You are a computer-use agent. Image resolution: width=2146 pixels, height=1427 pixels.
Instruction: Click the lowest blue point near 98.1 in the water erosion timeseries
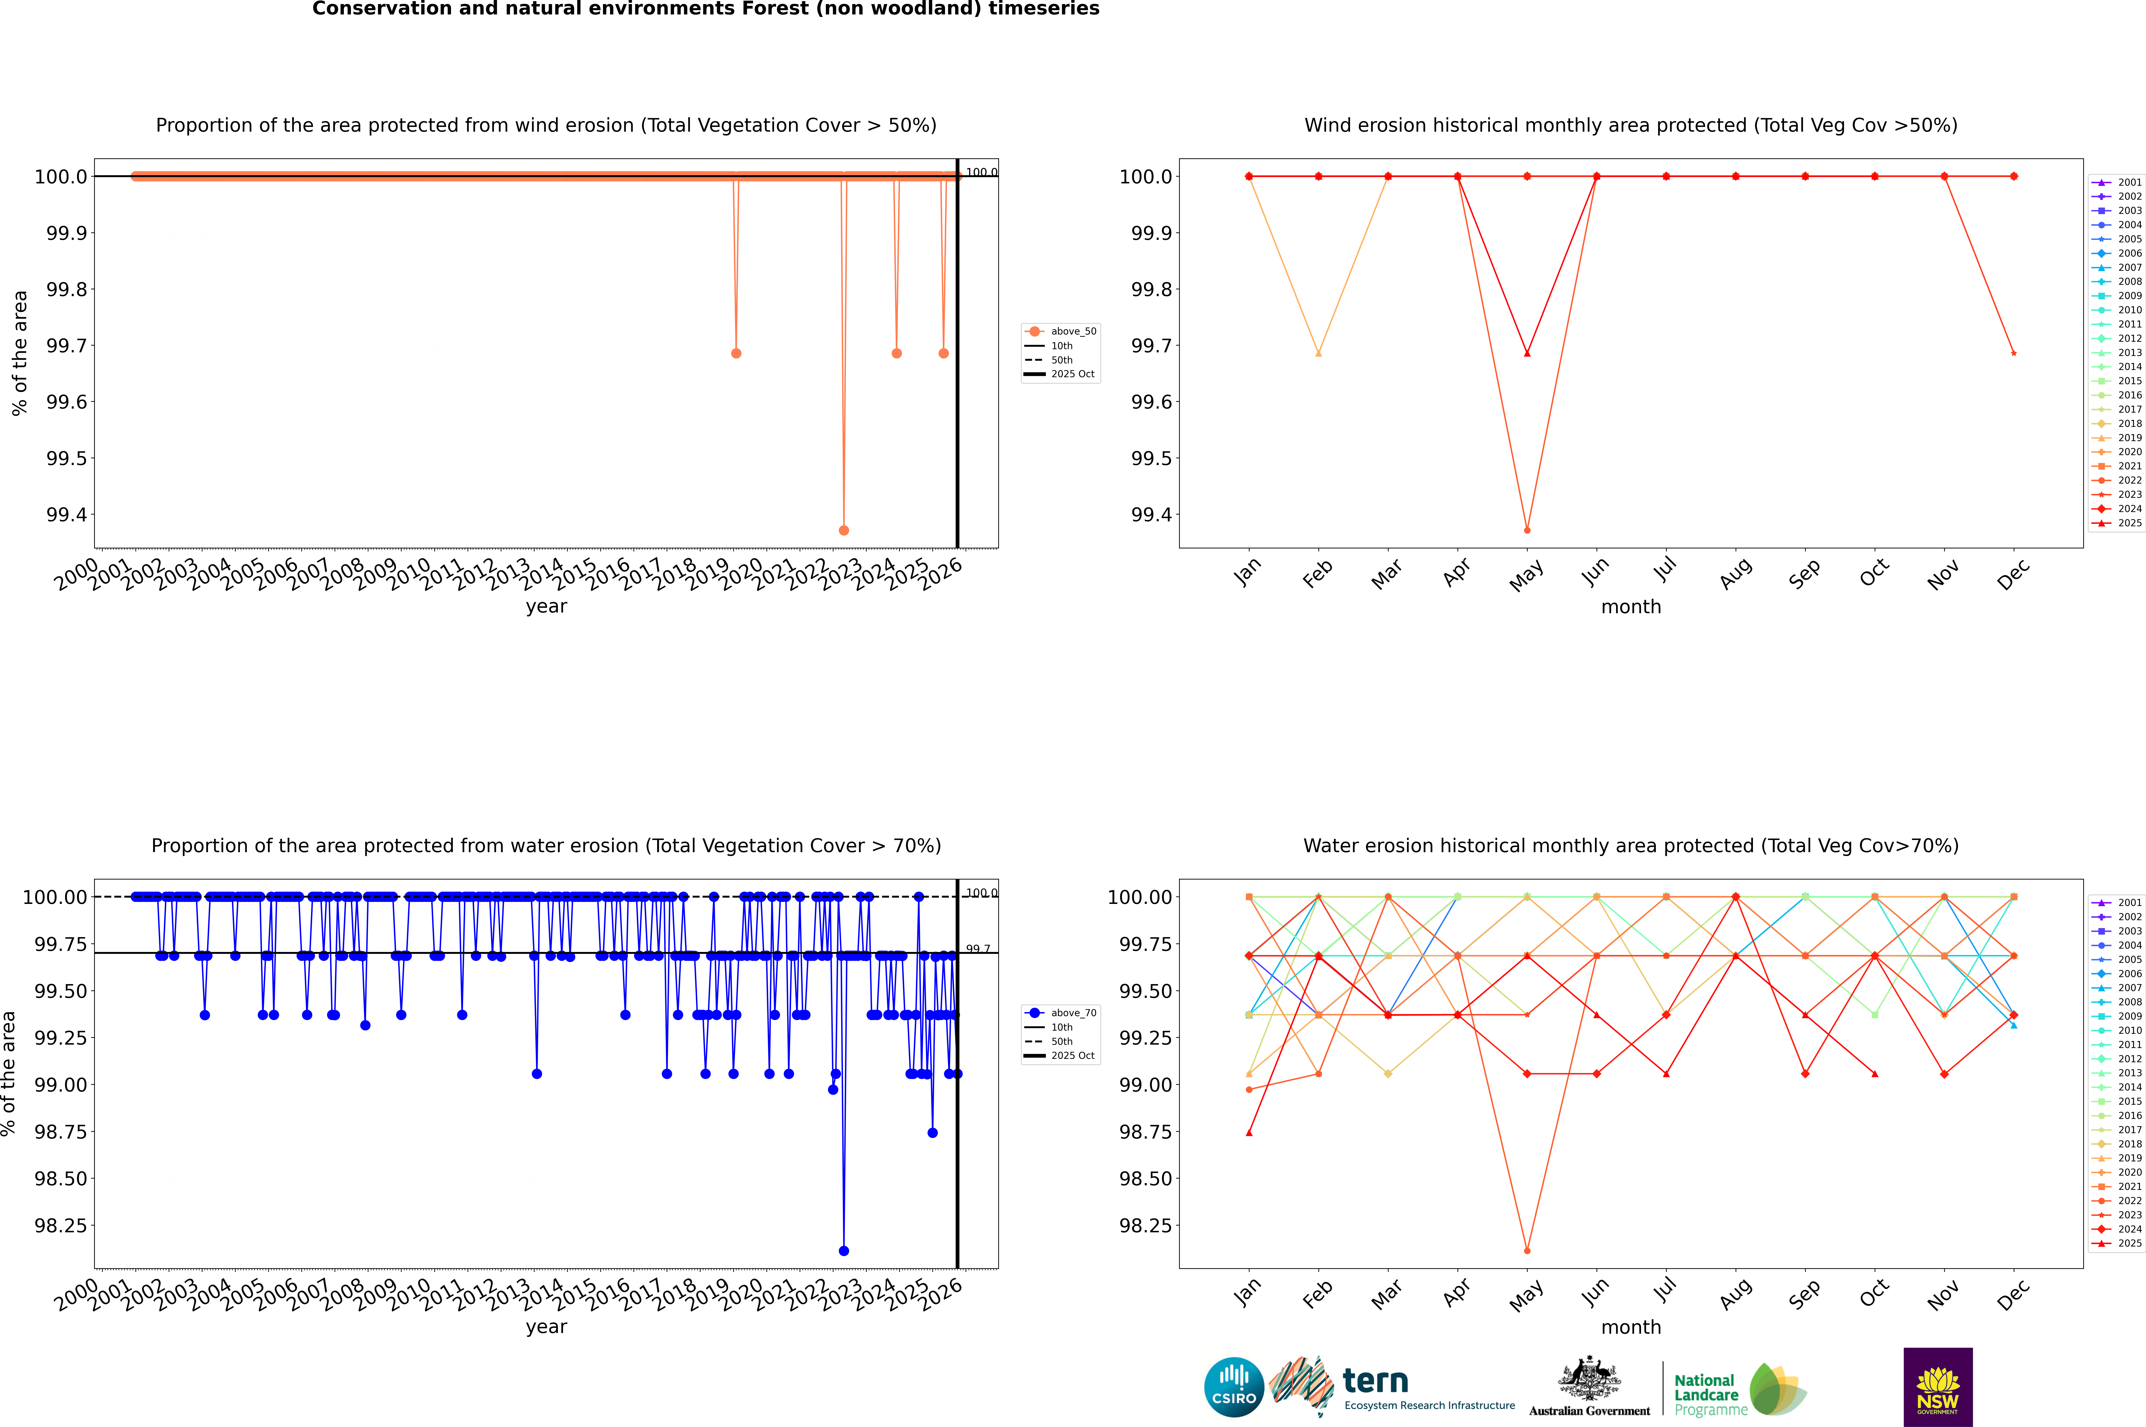click(843, 1250)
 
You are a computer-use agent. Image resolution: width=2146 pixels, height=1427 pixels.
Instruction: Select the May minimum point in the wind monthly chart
click(1527, 530)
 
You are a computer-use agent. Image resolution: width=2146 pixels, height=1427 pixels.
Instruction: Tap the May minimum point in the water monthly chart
click(1527, 1250)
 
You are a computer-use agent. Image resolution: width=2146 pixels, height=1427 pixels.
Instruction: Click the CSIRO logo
click(1234, 1387)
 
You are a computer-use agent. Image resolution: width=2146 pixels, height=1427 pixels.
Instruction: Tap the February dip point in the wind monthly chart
click(1318, 353)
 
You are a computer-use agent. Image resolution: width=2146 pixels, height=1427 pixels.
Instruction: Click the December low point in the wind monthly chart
click(2013, 353)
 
